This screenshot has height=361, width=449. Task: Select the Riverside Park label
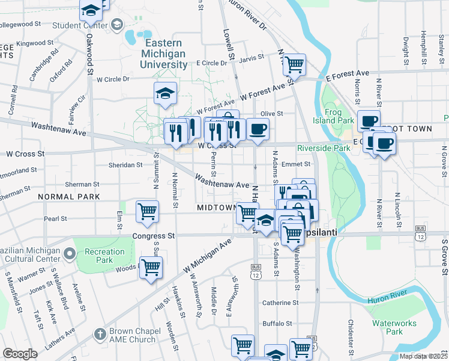[324, 148]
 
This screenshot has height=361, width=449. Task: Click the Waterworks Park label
[394, 327]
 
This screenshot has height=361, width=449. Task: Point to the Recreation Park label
[99, 256]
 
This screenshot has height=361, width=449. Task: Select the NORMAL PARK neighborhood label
[68, 197]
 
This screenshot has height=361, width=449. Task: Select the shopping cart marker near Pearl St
[147, 211]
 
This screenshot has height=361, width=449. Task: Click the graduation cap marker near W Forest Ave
[165, 94]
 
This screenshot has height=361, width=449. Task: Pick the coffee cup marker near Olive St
[258, 129]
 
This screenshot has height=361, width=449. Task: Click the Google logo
[20, 354]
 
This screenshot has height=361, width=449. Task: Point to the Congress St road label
[154, 236]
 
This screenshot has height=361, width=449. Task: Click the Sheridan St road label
[125, 164]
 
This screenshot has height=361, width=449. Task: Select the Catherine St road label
[280, 303]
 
